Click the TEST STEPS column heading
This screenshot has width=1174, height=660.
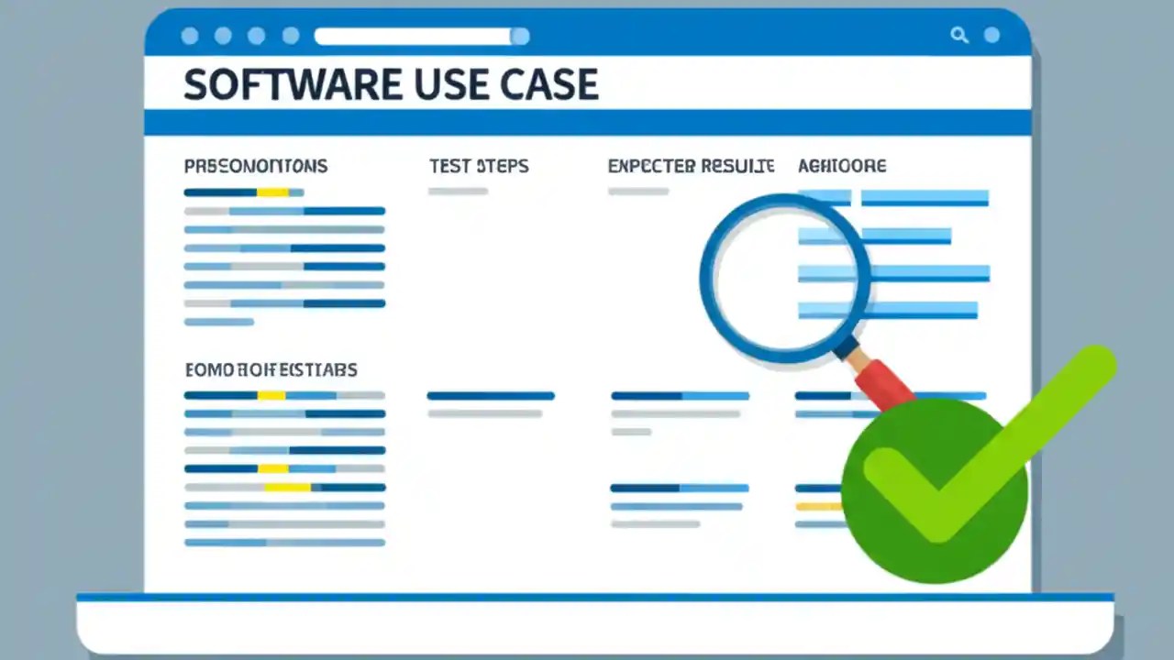(479, 166)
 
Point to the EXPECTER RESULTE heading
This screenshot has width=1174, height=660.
(691, 166)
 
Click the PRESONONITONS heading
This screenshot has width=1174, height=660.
(256, 166)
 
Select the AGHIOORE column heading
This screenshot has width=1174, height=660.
(842, 166)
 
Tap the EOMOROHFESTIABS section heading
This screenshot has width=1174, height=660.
(271, 370)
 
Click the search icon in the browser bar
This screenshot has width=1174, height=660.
(959, 36)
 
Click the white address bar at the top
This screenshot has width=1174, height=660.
(413, 37)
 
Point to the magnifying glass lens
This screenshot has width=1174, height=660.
(784, 277)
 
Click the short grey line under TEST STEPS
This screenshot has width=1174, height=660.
(458, 192)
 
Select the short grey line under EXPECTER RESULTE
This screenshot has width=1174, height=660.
(638, 192)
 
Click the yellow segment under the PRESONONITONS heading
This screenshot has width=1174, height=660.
(272, 192)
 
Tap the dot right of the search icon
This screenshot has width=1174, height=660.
(991, 36)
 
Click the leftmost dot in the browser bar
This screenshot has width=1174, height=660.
(190, 37)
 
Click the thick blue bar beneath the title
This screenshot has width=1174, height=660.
(587, 122)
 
